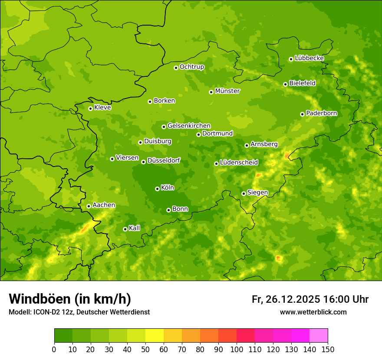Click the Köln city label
point(168,188)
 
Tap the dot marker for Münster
point(211,92)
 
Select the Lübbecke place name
point(309,58)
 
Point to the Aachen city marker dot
point(89,206)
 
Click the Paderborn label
point(321,113)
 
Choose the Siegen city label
point(257,193)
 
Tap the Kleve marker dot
point(90,108)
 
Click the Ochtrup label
point(191,67)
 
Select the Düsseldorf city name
point(163,161)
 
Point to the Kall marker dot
point(125,229)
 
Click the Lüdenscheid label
point(239,163)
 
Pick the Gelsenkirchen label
point(189,126)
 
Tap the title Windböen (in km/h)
point(70,299)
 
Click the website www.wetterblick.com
point(313,312)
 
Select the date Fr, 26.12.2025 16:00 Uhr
point(310,299)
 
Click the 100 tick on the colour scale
point(237,350)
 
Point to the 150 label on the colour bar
point(328,350)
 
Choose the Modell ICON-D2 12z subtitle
point(79,312)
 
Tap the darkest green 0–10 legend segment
point(63,336)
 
